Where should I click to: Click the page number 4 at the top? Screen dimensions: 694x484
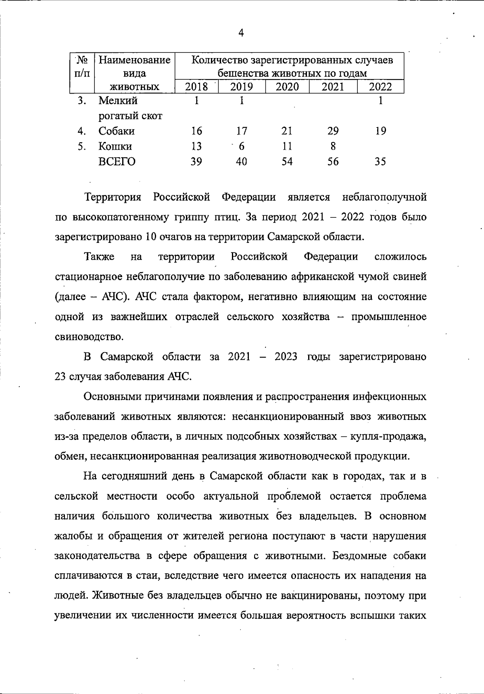(241, 33)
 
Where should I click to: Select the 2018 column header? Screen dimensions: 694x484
(196, 87)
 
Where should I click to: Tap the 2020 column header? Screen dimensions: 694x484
(287, 87)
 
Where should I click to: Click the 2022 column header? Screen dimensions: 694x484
(380, 87)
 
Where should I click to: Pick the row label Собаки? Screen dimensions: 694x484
(117, 131)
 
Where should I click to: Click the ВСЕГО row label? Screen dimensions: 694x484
(117, 162)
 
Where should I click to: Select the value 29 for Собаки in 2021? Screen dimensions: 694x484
(333, 131)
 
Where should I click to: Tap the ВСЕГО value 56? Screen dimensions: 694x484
(333, 162)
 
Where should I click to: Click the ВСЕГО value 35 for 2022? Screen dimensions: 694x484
(380, 162)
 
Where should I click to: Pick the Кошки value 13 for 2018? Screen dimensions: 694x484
(196, 146)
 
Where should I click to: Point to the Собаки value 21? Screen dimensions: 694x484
(287, 131)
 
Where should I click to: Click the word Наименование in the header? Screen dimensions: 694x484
(134, 60)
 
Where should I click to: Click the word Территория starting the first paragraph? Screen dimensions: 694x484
(113, 197)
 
